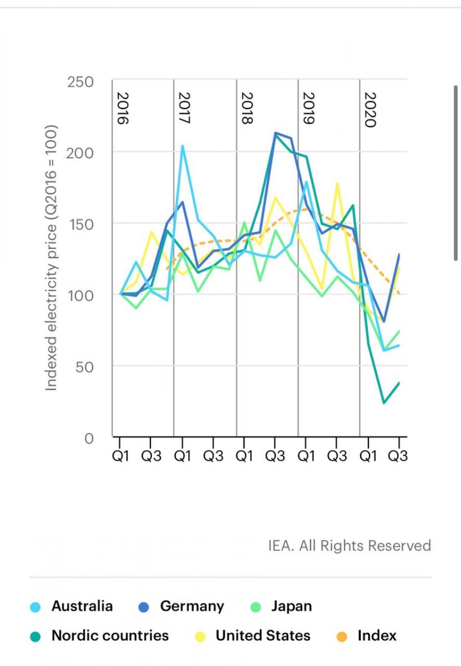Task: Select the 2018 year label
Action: (247, 109)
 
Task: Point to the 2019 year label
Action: (308, 109)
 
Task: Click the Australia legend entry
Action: (82, 607)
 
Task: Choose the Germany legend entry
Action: (191, 607)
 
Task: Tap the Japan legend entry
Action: (291, 607)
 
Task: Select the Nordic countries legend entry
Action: (109, 635)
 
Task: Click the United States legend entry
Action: (262, 635)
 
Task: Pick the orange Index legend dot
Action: (342, 636)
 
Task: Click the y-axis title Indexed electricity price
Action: (52, 259)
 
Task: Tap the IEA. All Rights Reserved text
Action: (349, 546)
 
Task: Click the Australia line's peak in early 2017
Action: (183, 146)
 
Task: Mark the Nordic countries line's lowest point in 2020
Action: (383, 403)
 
